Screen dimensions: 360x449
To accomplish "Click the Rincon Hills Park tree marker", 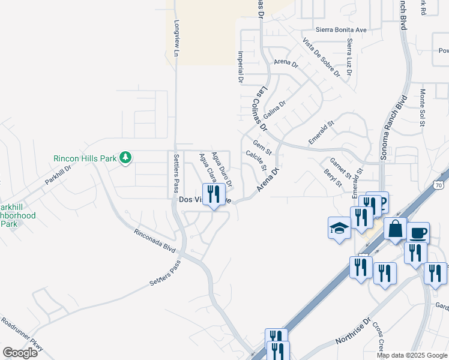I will tap(125, 158).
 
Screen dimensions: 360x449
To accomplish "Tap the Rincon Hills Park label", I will tap(84, 158).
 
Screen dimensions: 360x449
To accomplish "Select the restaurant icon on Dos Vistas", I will tap(214, 194).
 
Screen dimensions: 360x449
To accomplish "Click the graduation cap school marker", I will tap(339, 228).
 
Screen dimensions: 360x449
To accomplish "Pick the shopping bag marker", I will tap(396, 229).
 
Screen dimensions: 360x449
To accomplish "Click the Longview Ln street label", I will tap(176, 40).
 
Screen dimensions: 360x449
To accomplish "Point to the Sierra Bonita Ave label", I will tap(340, 29).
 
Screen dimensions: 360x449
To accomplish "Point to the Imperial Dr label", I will tap(241, 66).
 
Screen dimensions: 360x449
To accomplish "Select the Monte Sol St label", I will tap(423, 107).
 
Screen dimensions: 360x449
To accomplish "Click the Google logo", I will tap(20, 352).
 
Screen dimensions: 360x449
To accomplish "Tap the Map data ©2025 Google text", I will tap(412, 355).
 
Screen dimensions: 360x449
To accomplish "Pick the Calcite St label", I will tap(256, 160).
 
